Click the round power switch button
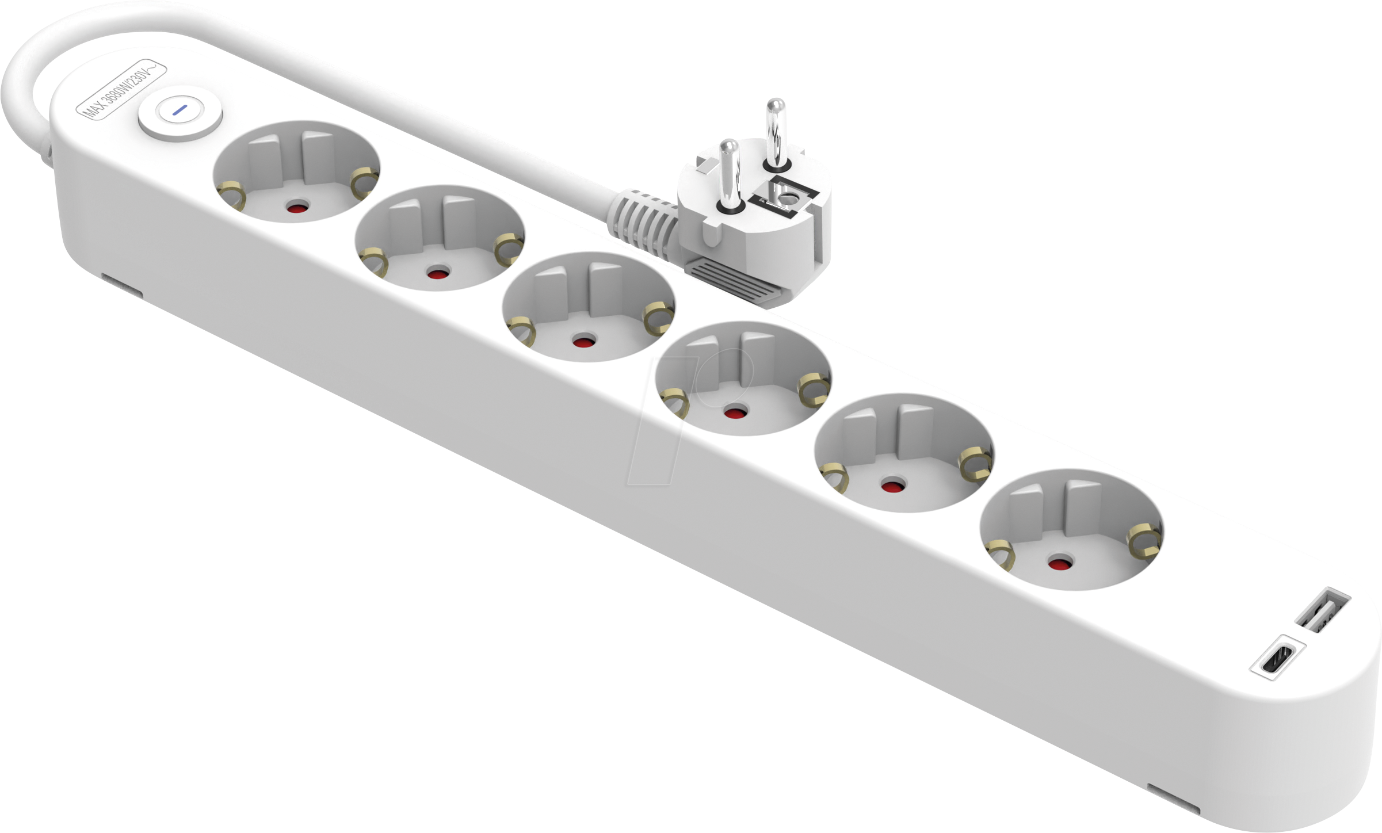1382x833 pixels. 180,117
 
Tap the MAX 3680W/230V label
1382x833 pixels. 121,90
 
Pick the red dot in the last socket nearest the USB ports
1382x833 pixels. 1058,563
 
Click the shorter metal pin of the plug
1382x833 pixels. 728,175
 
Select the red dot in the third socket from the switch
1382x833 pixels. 585,341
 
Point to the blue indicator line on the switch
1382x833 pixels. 180,110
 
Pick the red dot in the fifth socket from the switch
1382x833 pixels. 891,487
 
